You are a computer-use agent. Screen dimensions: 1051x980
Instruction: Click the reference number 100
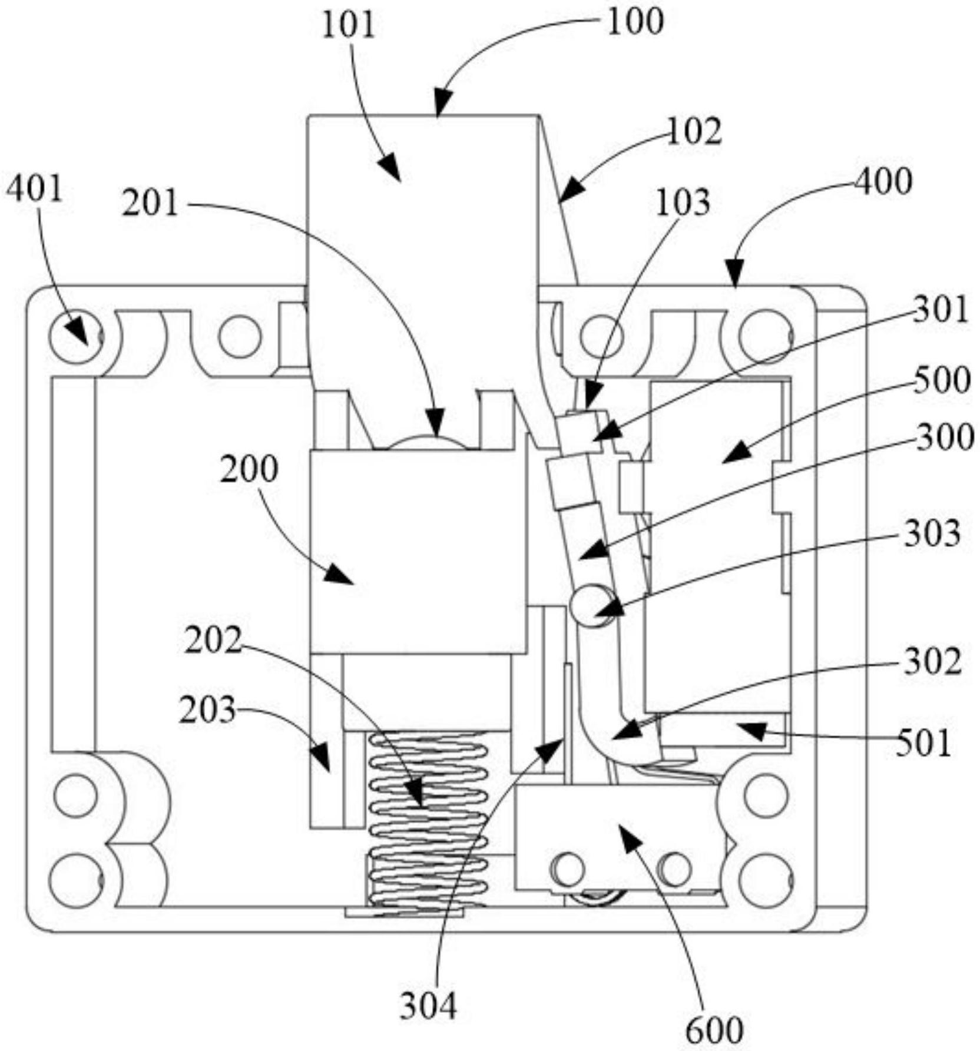pyautogui.click(x=635, y=22)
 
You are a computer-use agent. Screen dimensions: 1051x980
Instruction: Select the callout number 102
pyautogui.click(x=694, y=131)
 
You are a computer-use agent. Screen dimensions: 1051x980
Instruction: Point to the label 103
pyautogui.click(x=683, y=203)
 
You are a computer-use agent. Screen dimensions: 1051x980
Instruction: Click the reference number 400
pyautogui.click(x=883, y=181)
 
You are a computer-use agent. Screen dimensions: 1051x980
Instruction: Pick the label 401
pyautogui.click(x=34, y=190)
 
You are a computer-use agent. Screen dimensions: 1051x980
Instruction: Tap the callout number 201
pyautogui.click(x=150, y=204)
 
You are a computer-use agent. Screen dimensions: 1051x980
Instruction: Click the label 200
pyautogui.click(x=249, y=470)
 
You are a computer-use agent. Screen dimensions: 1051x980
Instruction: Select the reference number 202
pyautogui.click(x=213, y=641)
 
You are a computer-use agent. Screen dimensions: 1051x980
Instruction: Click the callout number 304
pyautogui.click(x=428, y=1006)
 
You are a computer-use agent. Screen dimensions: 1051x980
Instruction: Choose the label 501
pyautogui.click(x=923, y=743)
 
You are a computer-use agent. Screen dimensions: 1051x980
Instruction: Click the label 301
pyautogui.click(x=941, y=310)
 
